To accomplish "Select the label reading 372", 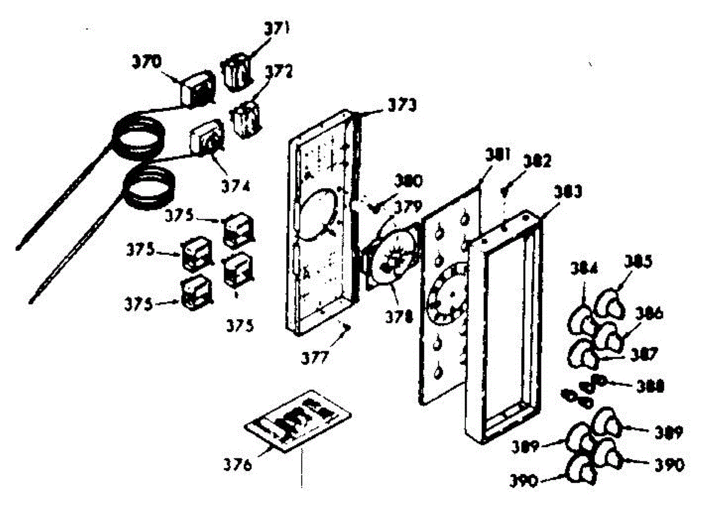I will pyautogui.click(x=279, y=73).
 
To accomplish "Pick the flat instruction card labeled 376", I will pyautogui.click(x=298, y=422).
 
